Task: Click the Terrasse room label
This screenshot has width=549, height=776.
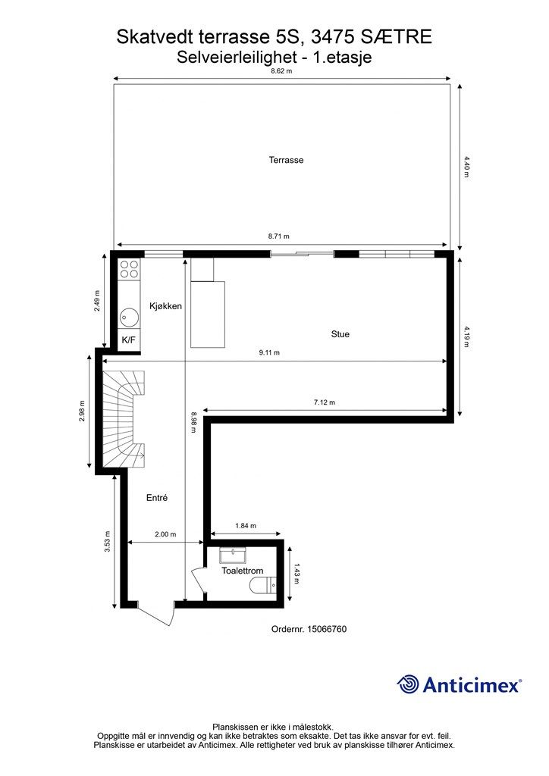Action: (x=286, y=160)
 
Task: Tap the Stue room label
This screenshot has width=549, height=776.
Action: (x=340, y=333)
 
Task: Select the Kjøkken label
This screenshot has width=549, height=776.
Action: (x=165, y=305)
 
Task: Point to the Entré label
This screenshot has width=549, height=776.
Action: (x=156, y=498)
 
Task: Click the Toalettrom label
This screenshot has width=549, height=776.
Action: (x=242, y=571)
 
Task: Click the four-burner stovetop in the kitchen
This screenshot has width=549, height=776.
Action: (x=129, y=270)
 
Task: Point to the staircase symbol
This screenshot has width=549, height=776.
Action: (x=124, y=418)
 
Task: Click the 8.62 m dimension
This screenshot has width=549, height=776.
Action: (x=281, y=70)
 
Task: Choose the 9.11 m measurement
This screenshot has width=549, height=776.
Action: (x=268, y=352)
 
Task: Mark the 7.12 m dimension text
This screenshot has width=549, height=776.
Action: (x=324, y=402)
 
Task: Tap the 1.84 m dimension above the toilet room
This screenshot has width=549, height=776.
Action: (x=246, y=526)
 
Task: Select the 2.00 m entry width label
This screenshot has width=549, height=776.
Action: (x=165, y=534)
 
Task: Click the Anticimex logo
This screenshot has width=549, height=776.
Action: (x=460, y=684)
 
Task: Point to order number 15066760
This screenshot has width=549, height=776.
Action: (x=309, y=629)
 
